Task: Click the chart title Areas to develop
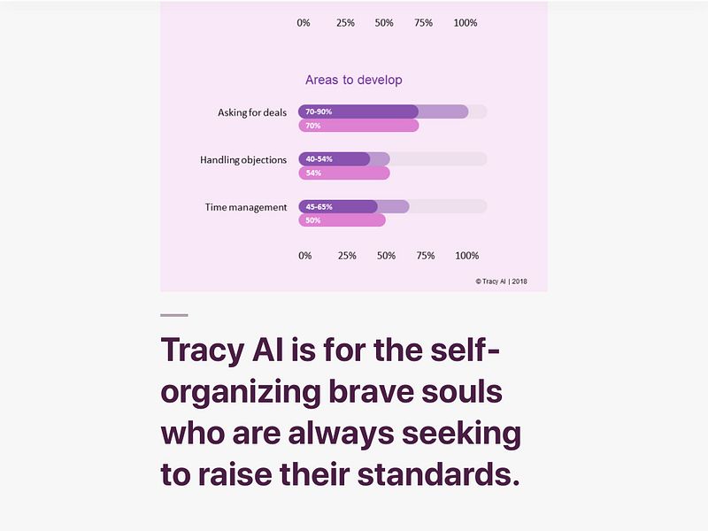point(353,80)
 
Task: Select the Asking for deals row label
point(252,112)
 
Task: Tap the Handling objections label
point(243,160)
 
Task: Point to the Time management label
point(246,207)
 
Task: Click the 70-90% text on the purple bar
point(319,112)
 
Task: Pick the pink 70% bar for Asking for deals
point(358,126)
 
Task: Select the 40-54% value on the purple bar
point(319,159)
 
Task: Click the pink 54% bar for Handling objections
point(344,173)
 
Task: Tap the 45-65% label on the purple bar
point(319,207)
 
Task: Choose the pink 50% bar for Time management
point(342,220)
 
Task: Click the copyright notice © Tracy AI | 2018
point(501,281)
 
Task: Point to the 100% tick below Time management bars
point(466,256)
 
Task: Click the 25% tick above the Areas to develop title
point(345,23)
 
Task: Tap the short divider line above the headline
point(174,315)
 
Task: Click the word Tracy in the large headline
point(202,350)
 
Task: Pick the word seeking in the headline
point(461,434)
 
